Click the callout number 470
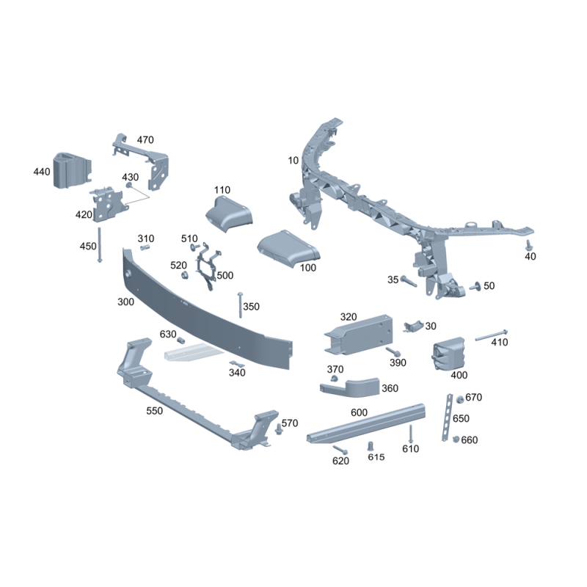145,140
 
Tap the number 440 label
42,172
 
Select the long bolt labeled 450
100,245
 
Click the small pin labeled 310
145,247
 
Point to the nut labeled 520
184,276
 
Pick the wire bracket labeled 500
208,265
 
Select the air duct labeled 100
288,249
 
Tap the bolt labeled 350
241,305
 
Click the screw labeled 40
528,245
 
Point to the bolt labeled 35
409,281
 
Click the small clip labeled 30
413,327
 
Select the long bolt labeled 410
492,335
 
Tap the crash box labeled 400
449,354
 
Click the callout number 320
348,317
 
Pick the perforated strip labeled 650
447,418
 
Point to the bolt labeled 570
278,429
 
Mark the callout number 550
154,411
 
